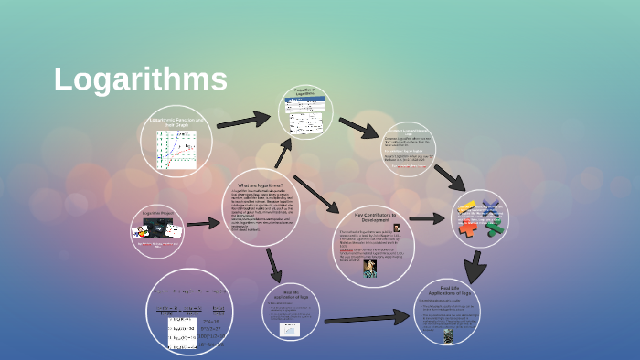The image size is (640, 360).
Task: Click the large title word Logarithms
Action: coord(140,79)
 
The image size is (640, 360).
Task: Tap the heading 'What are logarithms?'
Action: coord(261,185)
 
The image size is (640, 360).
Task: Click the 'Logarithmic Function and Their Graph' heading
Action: coord(176,122)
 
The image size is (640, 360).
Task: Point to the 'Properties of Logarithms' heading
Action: coord(304,91)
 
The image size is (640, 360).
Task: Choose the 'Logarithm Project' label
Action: coord(157,213)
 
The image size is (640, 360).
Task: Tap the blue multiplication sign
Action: coord(491,208)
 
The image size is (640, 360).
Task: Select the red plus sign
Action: coord(469,228)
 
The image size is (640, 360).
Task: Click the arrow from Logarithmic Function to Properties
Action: coord(243,120)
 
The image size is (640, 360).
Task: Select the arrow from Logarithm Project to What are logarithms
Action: coord(203,222)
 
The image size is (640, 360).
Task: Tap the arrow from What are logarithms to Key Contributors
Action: coord(315,194)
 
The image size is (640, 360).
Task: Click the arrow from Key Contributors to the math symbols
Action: coord(426,218)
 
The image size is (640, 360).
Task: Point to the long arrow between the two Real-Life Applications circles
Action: coord(366,318)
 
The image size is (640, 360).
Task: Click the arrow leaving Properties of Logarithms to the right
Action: coord(358,127)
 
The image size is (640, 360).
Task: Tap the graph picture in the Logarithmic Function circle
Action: coord(176,150)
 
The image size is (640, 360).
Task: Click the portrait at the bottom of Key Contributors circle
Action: coord(369,268)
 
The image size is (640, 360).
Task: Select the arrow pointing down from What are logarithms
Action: coord(272,264)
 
